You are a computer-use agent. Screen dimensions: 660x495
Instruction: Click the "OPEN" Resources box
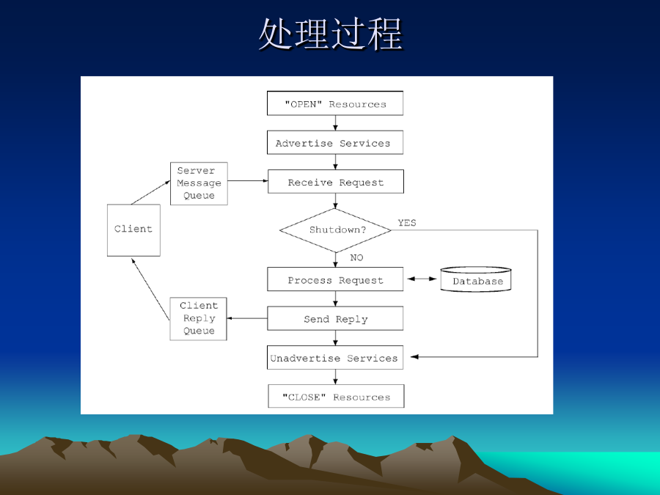(335, 103)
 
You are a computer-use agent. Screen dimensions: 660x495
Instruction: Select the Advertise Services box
(335, 142)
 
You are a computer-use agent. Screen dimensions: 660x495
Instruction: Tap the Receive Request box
(335, 181)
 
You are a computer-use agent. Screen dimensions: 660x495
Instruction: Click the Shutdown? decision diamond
(335, 230)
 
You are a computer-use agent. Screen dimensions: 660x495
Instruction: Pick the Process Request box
(335, 279)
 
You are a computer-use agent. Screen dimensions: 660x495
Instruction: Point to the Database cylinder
(476, 279)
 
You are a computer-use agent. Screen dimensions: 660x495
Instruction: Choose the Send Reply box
(335, 318)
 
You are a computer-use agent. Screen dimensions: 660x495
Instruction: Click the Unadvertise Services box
(335, 357)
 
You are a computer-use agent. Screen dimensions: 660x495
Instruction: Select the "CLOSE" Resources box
(336, 396)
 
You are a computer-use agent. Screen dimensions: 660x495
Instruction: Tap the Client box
(134, 230)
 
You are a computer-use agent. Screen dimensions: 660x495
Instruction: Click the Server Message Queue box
(199, 183)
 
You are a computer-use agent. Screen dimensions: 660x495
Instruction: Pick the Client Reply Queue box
(198, 319)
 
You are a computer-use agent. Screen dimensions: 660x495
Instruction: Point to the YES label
(407, 223)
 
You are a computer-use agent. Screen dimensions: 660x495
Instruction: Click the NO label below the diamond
(356, 257)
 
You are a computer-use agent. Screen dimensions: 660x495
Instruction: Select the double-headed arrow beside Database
(422, 279)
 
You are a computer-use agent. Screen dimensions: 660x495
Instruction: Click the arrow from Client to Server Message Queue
(150, 193)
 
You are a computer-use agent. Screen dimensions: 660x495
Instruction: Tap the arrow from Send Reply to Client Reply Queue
(247, 318)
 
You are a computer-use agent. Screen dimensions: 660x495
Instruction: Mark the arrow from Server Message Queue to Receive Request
(248, 181)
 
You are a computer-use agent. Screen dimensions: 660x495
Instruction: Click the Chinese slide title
(331, 34)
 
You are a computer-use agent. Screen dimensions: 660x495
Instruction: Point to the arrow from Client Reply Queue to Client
(150, 289)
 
